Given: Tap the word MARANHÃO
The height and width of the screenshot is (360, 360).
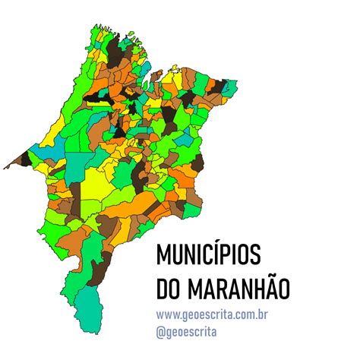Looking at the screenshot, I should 240,289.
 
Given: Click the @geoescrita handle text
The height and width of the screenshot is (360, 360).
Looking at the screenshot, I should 186,331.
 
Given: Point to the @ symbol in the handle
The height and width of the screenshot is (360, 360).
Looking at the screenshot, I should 160,331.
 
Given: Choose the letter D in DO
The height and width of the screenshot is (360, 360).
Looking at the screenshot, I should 163,289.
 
